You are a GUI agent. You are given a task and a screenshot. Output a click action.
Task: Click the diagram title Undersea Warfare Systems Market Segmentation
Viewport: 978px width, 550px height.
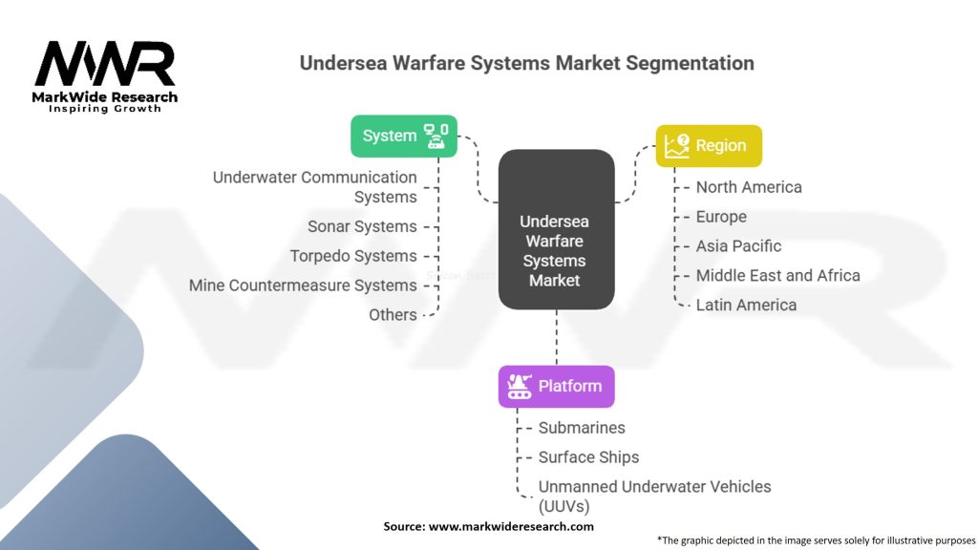click(526, 63)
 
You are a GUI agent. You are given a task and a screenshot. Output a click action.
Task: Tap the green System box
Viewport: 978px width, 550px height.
click(404, 136)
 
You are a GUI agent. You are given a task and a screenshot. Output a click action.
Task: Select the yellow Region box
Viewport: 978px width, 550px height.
click(708, 145)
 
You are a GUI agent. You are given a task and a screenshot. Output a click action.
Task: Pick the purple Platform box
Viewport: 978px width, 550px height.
click(556, 386)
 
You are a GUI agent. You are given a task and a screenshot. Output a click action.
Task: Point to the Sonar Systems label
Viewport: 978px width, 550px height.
click(362, 226)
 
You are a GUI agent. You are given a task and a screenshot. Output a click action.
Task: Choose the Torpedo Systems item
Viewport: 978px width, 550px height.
click(353, 256)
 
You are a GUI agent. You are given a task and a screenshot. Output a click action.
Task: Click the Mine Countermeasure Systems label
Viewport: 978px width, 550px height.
click(303, 286)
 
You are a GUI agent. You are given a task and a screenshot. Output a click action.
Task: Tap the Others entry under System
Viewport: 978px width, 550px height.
click(393, 314)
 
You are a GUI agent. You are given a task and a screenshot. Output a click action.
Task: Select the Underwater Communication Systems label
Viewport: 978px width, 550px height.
click(315, 187)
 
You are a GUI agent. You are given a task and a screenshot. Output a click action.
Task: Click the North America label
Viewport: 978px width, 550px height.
click(749, 187)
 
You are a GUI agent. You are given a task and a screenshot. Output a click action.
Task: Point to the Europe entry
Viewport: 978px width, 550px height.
click(721, 217)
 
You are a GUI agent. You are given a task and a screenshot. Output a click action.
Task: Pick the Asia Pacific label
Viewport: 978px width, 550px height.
click(738, 245)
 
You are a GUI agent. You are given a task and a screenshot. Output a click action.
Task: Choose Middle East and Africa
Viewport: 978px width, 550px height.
click(777, 275)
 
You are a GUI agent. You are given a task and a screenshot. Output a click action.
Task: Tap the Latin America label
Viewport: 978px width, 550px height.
click(746, 305)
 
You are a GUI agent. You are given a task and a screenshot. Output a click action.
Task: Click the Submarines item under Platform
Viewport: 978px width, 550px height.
click(582, 428)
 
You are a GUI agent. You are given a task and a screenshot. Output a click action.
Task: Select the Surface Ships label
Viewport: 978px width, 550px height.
click(588, 457)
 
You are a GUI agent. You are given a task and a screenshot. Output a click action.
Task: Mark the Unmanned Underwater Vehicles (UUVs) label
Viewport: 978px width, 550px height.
click(654, 496)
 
